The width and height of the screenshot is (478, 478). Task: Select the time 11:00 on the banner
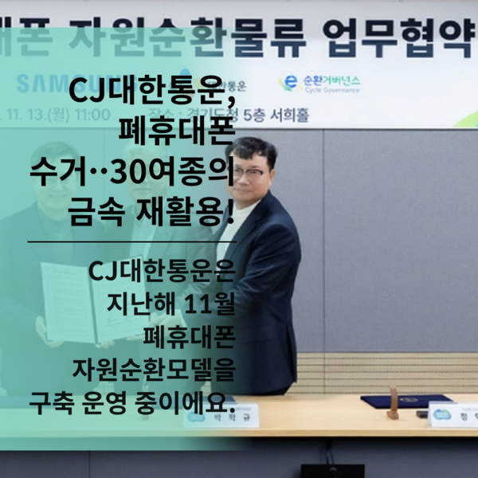coord(91,114)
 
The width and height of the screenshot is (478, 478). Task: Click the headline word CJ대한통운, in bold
coord(152,94)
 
